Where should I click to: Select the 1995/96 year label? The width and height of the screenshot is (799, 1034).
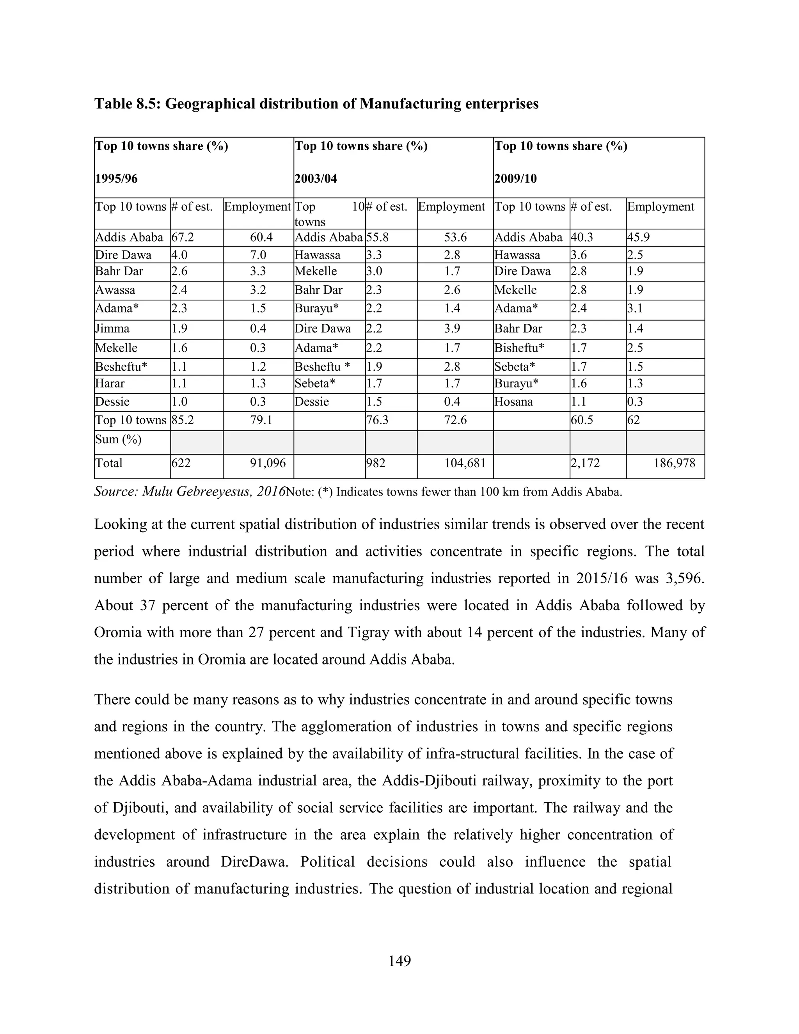click(x=116, y=179)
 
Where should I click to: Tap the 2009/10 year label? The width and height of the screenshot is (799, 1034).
click(x=515, y=179)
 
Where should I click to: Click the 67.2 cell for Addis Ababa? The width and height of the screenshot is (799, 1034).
click(x=183, y=237)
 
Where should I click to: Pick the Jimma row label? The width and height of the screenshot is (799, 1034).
click(x=112, y=329)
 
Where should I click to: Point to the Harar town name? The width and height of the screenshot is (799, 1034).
click(x=110, y=383)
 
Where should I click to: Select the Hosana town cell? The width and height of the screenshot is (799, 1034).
click(x=513, y=402)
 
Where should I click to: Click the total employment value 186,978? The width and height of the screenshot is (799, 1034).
click(x=674, y=463)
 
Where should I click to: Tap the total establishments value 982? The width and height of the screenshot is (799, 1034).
click(x=376, y=463)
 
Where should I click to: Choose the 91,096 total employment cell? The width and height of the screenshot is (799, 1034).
click(x=268, y=463)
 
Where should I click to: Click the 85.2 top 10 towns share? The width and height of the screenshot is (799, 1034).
click(x=183, y=420)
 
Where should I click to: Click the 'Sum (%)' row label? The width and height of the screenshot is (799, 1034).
click(x=118, y=439)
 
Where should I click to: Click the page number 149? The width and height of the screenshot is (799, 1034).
click(x=399, y=961)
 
